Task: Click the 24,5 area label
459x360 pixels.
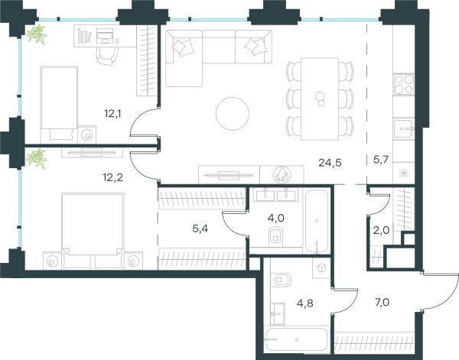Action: click(x=330, y=163)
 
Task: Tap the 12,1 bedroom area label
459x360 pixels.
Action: click(x=112, y=113)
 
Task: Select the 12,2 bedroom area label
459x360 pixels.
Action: click(x=112, y=177)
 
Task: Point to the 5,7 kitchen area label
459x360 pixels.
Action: click(x=381, y=160)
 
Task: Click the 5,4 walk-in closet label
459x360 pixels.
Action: click(x=200, y=229)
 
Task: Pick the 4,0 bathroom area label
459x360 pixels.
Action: click(x=276, y=218)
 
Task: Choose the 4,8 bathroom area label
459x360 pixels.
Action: click(x=305, y=303)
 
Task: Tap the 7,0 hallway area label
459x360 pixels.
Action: click(x=382, y=302)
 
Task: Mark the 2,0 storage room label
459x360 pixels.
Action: click(x=381, y=231)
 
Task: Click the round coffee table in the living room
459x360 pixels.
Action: click(x=233, y=113)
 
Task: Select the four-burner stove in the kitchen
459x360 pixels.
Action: click(x=404, y=85)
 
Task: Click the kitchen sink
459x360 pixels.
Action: click(x=404, y=128)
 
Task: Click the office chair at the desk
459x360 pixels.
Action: click(x=107, y=55)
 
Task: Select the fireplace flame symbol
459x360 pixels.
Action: click(x=282, y=174)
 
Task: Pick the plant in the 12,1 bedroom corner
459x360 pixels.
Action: click(x=37, y=34)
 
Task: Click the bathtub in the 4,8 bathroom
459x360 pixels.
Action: click(x=296, y=339)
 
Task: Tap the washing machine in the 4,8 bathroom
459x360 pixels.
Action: click(x=321, y=268)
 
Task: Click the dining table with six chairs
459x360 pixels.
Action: click(x=320, y=99)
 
